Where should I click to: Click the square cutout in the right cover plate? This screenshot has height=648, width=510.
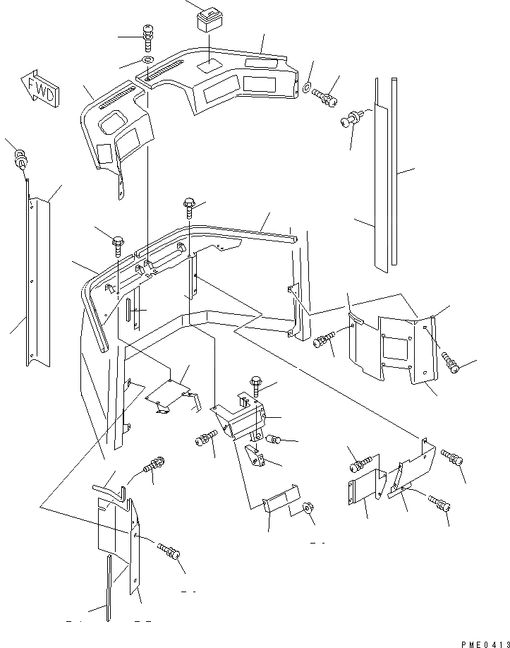(396, 347)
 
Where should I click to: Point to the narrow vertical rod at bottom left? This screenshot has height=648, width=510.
(109, 586)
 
